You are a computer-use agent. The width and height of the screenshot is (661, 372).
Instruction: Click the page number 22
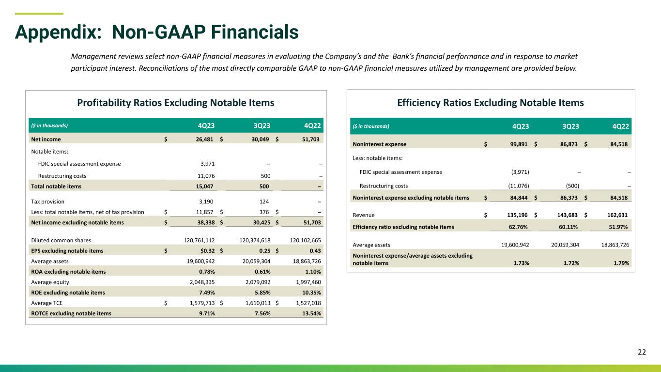[x=642, y=352]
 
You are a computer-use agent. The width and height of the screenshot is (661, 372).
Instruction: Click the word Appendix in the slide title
[x=58, y=32]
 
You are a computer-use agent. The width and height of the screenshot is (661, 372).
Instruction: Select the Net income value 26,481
[x=204, y=139]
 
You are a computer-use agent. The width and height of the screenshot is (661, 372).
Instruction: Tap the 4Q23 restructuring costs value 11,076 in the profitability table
[x=206, y=176]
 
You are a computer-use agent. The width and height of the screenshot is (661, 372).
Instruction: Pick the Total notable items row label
[x=56, y=186]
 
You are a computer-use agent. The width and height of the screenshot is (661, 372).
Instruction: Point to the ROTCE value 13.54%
[x=311, y=313]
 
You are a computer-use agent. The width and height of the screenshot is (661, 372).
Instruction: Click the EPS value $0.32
[x=207, y=250]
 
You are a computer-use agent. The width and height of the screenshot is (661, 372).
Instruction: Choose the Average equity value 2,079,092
[x=258, y=282]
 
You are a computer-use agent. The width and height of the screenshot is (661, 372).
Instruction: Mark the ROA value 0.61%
[x=262, y=272]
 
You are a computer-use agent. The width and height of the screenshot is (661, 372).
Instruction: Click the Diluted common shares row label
[x=61, y=240]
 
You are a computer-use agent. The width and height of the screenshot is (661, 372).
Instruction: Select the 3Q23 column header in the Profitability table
[x=262, y=125]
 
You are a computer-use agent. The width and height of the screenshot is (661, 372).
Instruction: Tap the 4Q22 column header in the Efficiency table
[x=621, y=126]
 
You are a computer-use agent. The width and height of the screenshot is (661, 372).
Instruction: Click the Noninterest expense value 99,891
[x=519, y=144]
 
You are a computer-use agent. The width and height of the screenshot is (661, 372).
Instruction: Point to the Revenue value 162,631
[x=617, y=215]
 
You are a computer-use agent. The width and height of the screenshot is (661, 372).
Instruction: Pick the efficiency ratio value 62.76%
[x=518, y=227]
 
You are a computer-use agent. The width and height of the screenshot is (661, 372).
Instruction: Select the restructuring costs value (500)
[x=572, y=186]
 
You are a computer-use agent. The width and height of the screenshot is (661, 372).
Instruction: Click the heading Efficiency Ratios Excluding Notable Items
[x=491, y=103]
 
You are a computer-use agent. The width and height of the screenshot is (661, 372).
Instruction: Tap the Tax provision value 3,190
[x=206, y=201]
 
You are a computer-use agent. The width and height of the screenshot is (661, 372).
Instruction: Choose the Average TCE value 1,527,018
[x=308, y=303]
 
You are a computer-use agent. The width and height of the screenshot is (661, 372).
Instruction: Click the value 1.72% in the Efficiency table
[x=571, y=263]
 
